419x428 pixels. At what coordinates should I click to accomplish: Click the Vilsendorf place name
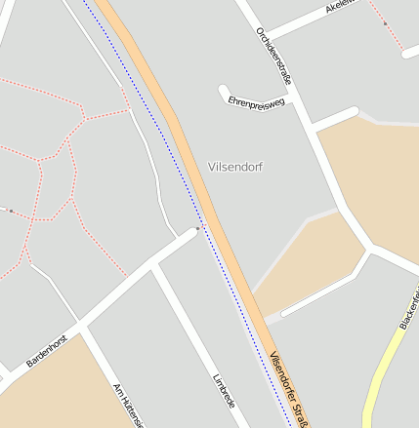[x=235, y=167]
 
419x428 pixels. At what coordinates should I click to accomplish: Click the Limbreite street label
[x=224, y=392]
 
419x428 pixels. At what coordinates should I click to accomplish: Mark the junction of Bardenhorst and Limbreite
[x=155, y=266]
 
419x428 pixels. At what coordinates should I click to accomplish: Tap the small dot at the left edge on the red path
[x=10, y=210]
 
